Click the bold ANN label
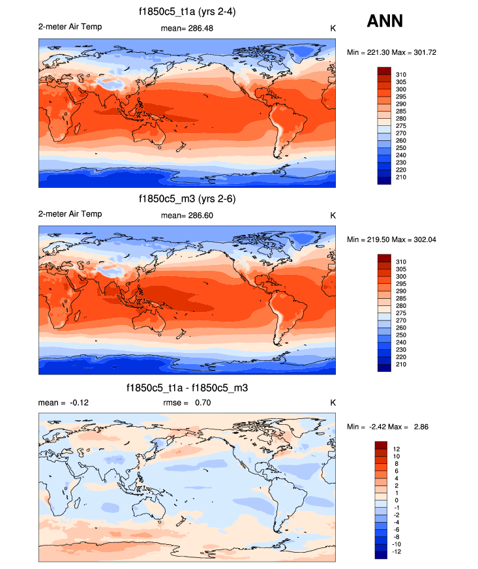(x=385, y=21)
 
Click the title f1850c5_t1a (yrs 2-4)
(x=187, y=11)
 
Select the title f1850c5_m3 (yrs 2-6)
(x=187, y=199)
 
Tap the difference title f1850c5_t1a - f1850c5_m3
(x=187, y=388)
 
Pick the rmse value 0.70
(x=202, y=403)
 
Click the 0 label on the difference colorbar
(x=395, y=500)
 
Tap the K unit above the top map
(x=333, y=28)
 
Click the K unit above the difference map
(x=333, y=403)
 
